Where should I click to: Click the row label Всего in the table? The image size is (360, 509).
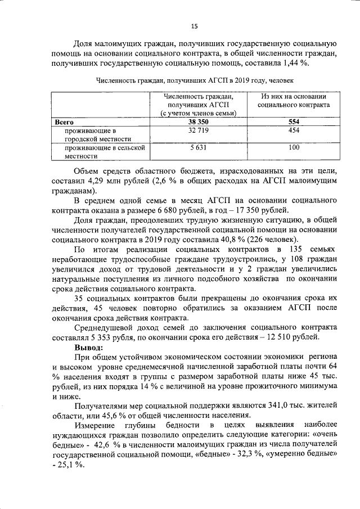pos(64,121)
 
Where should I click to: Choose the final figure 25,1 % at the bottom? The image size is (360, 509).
pos(71,466)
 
